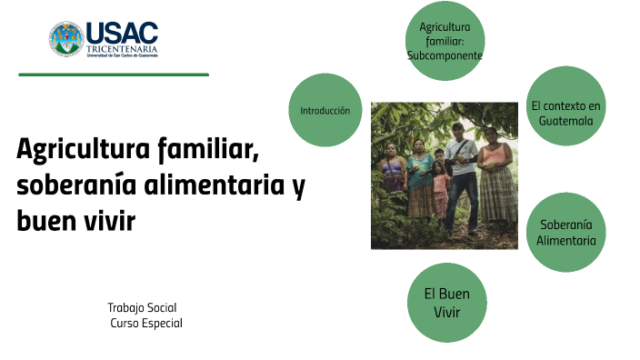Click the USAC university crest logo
tap(66, 38)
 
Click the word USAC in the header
tap(122, 33)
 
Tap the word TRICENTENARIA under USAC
tap(122, 48)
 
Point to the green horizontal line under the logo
tap(114, 75)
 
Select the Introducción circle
tap(325, 110)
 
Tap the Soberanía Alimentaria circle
tap(565, 232)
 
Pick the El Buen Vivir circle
tap(446, 303)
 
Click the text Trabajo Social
tap(142, 307)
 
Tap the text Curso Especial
tap(146, 323)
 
